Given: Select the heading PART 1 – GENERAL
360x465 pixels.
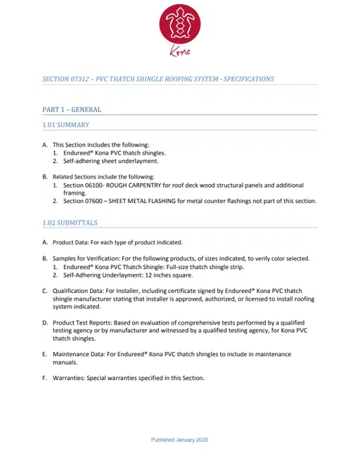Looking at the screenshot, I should pyautogui.click(x=72, y=110).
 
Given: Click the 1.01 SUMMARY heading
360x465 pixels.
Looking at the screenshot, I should pyautogui.click(x=65, y=125).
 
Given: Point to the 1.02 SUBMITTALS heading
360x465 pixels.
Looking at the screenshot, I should pyautogui.click(x=70, y=223).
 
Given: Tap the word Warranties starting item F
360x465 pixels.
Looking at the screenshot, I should pyautogui.click(x=68, y=379).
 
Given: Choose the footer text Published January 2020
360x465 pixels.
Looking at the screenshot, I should pyautogui.click(x=179, y=440).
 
